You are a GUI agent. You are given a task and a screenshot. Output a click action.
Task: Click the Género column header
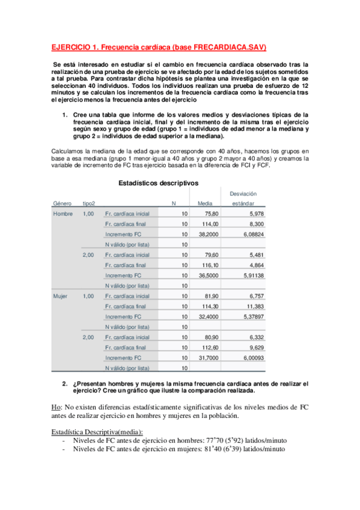62,203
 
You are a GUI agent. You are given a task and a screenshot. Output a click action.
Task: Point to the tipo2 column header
88,203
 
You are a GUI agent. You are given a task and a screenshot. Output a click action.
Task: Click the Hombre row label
63,214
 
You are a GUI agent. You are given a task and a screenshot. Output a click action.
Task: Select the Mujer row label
61,296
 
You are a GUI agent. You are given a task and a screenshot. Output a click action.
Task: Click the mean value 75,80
212,214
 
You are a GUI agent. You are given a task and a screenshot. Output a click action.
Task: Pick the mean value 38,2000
209,234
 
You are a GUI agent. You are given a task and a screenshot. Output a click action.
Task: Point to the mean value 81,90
212,296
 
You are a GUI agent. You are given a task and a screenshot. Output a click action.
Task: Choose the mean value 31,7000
209,357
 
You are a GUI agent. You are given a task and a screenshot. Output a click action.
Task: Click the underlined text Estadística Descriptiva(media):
97,432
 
